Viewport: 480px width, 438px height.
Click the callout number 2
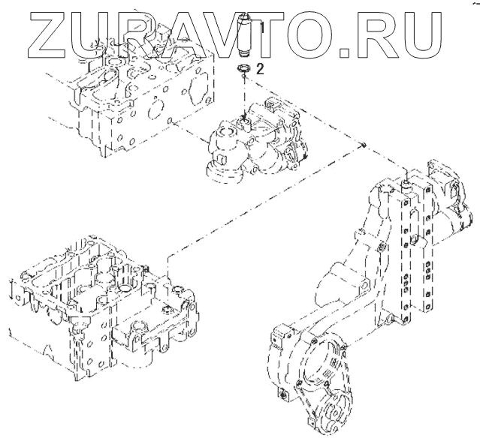pos(260,69)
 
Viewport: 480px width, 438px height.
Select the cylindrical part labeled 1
pos(246,35)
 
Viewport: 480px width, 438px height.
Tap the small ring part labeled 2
pos(243,67)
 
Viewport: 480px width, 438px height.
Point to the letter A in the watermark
pos(165,34)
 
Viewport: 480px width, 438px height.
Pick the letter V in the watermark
pos(214,34)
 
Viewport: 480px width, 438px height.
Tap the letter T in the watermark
pos(260,34)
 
